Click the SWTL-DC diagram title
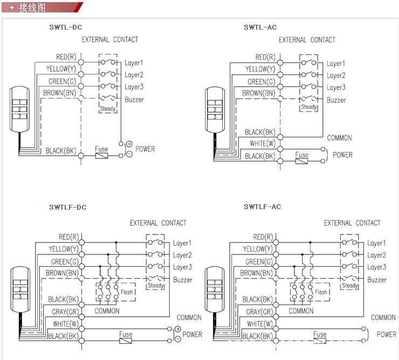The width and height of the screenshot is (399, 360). coord(66,26)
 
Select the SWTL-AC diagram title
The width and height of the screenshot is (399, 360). coord(260,26)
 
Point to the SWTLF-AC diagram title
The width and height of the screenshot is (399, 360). coord(263,207)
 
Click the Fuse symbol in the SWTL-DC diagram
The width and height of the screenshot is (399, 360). coord(101,156)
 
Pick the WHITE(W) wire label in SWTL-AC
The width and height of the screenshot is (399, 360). coord(263,143)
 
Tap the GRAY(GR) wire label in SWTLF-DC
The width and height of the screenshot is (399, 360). coord(65,311)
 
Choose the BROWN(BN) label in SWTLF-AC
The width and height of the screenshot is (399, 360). coord(257,273)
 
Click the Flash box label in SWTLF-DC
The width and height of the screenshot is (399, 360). coord(127,292)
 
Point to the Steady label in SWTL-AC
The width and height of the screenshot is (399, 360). coord(309,107)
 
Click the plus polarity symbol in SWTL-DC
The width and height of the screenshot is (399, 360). coord(129,144)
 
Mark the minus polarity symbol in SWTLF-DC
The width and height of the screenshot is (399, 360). coord(178,340)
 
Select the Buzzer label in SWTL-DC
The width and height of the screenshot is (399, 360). coord(134,100)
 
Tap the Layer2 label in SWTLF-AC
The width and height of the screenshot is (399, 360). coord(377,255)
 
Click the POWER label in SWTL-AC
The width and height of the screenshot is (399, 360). coord(342,155)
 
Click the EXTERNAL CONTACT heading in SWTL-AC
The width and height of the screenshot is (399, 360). coord(307,40)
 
